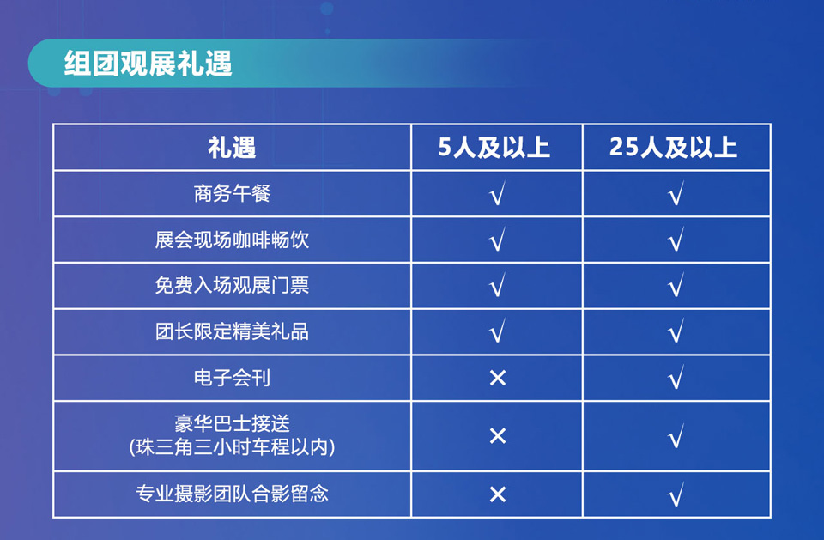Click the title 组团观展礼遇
tap(148, 63)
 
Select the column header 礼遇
tap(232, 147)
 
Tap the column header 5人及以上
tap(494, 147)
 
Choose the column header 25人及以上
tap(673, 147)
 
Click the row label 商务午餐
tap(232, 193)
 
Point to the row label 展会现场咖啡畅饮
tap(232, 240)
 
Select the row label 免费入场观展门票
tap(232, 286)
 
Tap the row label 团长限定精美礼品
tap(232, 331)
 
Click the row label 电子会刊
tap(232, 378)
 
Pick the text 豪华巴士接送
tap(232, 423)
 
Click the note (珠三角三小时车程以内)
tap(232, 447)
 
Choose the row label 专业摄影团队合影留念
tap(232, 494)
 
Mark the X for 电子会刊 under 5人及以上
tap(497, 378)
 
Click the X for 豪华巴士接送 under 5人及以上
tap(497, 435)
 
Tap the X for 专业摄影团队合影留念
tap(497, 494)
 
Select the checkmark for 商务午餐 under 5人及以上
tap(497, 193)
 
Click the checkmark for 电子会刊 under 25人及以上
tap(676, 377)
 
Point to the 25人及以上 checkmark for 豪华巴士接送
tap(676, 435)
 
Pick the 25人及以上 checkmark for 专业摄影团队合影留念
tap(676, 494)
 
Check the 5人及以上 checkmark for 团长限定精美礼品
tap(497, 331)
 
